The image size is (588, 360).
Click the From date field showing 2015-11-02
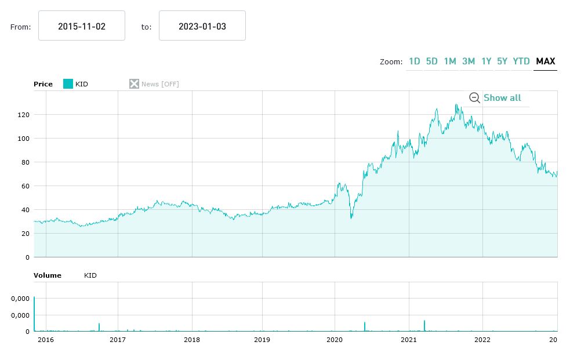82,26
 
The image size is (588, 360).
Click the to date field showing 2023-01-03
202,26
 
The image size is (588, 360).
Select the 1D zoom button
414,61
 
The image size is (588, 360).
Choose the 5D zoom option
432,61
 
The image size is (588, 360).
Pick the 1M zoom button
450,61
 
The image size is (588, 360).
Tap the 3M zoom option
469,61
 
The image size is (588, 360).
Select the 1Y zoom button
486,61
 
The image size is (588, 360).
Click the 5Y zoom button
502,61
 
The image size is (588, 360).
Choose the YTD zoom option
521,61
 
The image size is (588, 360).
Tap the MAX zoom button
545,61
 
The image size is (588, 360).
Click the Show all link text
502,98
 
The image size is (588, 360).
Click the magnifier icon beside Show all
474,98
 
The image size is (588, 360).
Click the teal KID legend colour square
68,84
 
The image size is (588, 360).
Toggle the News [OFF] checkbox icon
134,84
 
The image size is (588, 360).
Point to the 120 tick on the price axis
23,115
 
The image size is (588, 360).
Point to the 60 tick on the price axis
25,186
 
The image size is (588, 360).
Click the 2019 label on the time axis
262,340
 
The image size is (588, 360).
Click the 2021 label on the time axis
409,340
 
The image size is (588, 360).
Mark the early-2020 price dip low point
351,218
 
